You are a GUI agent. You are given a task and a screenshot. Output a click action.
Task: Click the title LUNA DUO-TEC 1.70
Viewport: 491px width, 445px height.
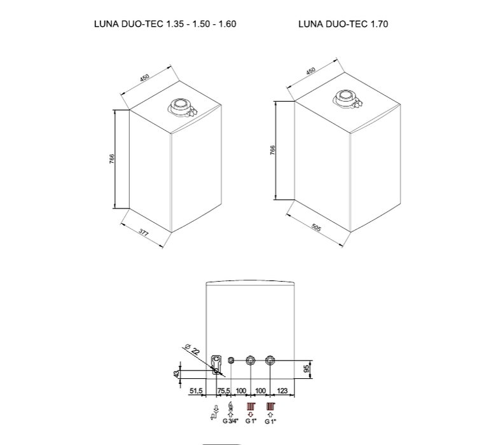(343, 24)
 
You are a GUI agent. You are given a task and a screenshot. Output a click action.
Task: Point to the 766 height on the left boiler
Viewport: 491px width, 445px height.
(111, 158)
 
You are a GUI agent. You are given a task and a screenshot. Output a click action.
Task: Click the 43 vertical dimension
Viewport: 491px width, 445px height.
(177, 373)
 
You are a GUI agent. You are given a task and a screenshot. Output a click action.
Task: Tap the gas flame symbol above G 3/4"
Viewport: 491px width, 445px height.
(230, 407)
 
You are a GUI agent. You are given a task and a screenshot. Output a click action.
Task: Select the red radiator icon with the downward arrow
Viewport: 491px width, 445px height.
(251, 408)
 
